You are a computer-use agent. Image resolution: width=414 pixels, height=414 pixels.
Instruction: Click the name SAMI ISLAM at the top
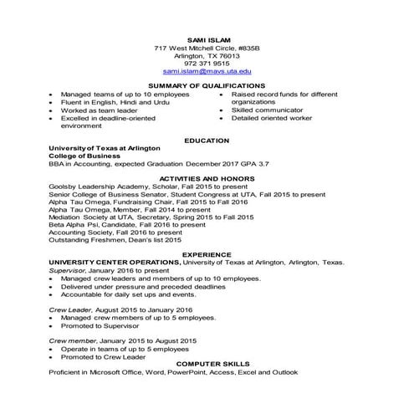[x=207, y=40]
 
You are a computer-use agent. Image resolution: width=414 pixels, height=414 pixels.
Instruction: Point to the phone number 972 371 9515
[x=207, y=64]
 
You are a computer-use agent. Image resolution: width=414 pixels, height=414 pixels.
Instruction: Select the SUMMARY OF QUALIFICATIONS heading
[x=207, y=86]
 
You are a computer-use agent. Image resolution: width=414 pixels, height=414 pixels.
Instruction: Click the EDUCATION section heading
[x=207, y=140]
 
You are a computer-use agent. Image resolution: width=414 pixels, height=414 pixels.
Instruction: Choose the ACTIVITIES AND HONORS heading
[x=207, y=178]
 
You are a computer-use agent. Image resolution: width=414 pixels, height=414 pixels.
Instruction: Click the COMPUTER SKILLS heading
[x=207, y=364]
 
